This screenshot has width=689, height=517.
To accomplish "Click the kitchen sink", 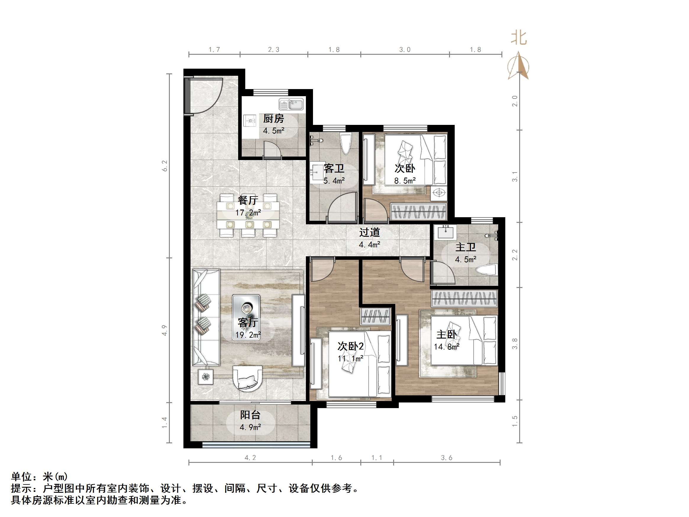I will coord(291,104).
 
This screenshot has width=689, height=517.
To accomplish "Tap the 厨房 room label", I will coord(273,119).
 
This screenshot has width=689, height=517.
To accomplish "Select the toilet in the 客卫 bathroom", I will coord(346,143).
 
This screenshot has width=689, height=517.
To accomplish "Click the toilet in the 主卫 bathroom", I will coord(486,270).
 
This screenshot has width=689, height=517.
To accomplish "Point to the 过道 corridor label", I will coord(369,233).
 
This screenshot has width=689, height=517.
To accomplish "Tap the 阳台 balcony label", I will coord(250,415).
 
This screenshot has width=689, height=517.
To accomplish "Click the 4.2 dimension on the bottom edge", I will coord(250,458).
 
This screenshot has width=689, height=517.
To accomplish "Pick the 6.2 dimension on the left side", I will coord(164,166).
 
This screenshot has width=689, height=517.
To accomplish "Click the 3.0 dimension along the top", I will coord(405,49).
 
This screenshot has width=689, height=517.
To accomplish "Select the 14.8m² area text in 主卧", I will coord(447,347).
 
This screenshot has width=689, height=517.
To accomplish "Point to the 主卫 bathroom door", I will coord(442,273).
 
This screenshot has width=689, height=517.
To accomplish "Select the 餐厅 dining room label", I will coord(248,200).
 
